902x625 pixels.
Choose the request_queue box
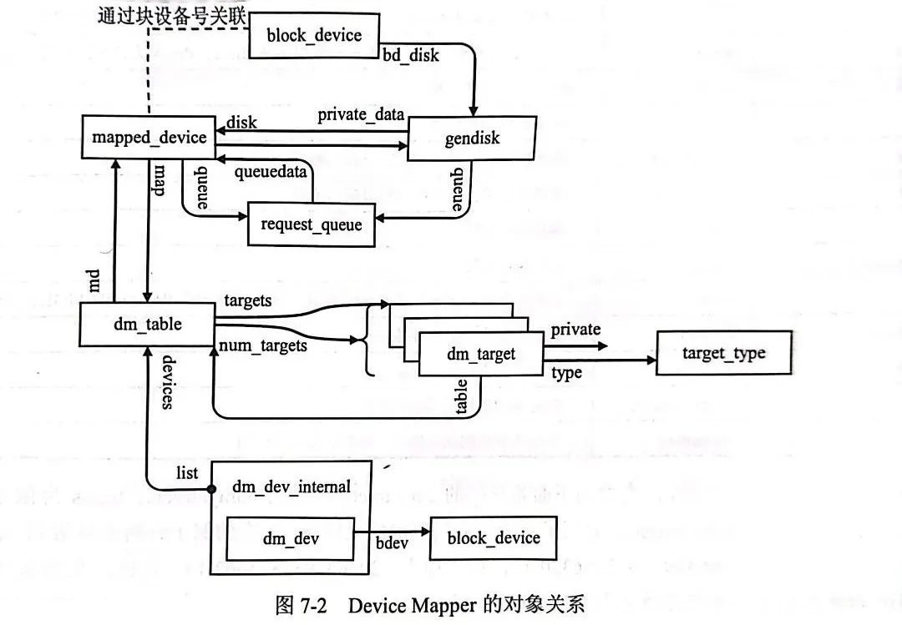click(x=311, y=224)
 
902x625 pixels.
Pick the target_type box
click(x=723, y=353)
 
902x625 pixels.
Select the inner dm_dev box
click(x=290, y=539)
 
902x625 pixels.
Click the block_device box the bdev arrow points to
click(x=493, y=538)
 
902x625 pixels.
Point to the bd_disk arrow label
click(x=410, y=56)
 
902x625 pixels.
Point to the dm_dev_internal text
click(x=291, y=486)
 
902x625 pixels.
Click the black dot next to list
click(x=211, y=484)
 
